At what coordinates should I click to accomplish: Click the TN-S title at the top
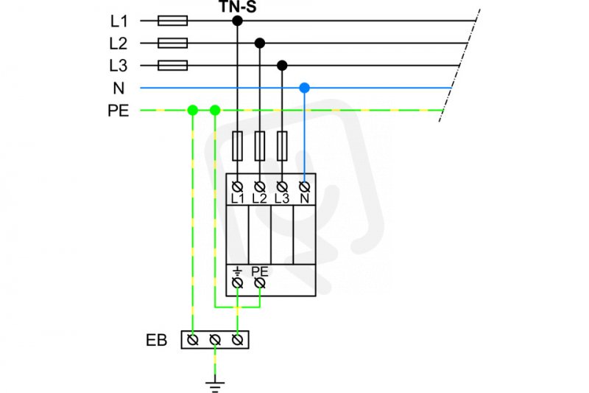coord(237,7)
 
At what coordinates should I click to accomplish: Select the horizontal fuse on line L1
coord(172,21)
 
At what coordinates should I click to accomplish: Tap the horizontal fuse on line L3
coord(172,66)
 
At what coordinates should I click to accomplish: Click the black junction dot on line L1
coord(237,21)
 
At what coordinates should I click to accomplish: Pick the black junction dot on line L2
coord(260,44)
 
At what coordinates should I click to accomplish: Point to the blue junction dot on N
coord(304,88)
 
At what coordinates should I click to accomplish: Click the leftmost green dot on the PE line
coord(193,110)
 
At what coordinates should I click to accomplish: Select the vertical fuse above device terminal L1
coord(237,146)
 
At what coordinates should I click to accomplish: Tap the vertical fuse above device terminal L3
coord(282,146)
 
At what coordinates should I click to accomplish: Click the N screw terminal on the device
coord(304,186)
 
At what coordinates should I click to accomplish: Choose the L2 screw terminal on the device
coord(260,186)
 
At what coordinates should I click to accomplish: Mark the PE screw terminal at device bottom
coord(260,283)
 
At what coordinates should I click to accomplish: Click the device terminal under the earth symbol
coord(237,283)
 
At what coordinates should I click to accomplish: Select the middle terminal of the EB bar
coord(215,340)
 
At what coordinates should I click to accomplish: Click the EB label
coord(156,340)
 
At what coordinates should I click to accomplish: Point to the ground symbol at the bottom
coord(215,386)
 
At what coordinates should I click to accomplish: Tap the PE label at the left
coord(119,111)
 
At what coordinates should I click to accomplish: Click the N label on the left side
coord(119,88)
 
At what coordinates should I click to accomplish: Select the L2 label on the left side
coord(119,44)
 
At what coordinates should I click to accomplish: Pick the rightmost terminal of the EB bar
coord(237,340)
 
